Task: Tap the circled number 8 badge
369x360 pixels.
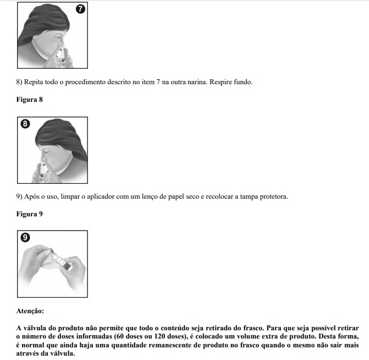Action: (x=25, y=124)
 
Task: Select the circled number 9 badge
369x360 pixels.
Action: (x=25, y=238)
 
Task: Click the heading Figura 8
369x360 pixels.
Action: (x=29, y=100)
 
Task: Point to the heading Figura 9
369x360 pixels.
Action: (x=29, y=214)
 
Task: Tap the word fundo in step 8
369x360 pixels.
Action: (x=241, y=83)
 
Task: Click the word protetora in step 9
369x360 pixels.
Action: (x=272, y=197)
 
